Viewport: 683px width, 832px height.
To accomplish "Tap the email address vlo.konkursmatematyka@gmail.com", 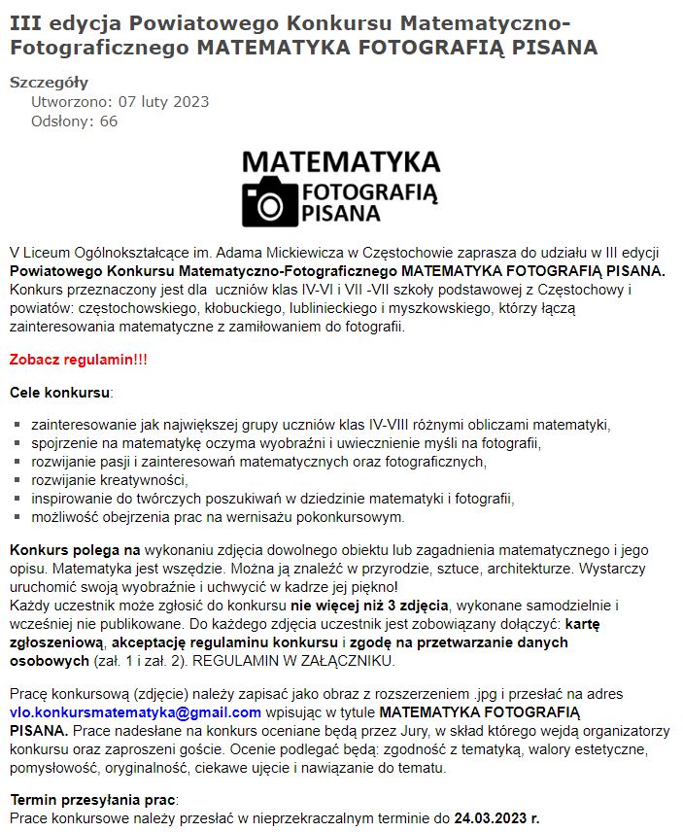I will (x=135, y=712).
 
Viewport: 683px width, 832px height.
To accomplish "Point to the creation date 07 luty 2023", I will (x=163, y=102).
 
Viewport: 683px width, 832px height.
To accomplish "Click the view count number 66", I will (x=108, y=121).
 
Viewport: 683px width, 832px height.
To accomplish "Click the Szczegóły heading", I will (x=49, y=84).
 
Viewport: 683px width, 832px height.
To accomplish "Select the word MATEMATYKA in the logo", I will (x=340, y=160).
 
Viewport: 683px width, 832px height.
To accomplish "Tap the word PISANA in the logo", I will (x=341, y=212).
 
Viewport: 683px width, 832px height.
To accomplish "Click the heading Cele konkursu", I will (x=60, y=393).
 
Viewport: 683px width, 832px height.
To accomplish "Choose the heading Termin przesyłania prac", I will (x=93, y=800).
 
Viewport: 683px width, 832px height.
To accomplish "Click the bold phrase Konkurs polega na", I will (x=75, y=550).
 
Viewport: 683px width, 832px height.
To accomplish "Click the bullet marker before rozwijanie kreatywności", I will (x=18, y=480).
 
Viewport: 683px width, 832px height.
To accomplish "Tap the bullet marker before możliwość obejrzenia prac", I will (x=18, y=517).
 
